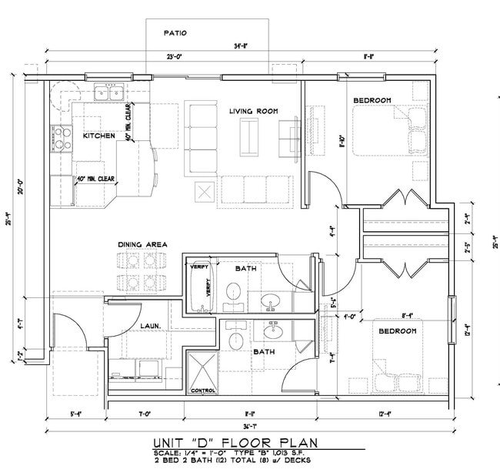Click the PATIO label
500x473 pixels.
(175, 33)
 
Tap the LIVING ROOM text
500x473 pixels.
(253, 112)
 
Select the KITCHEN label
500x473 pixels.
(98, 136)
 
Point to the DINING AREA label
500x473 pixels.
(142, 245)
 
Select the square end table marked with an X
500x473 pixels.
(204, 192)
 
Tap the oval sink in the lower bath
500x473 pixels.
(272, 332)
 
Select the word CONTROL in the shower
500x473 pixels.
(203, 391)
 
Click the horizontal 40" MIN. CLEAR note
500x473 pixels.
(95, 179)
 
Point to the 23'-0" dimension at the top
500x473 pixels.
(174, 57)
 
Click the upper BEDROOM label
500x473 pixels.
(372, 100)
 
